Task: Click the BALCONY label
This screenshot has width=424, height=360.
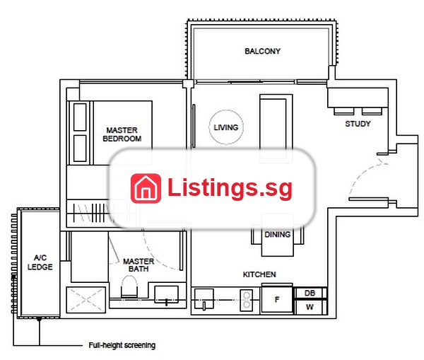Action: [262, 51]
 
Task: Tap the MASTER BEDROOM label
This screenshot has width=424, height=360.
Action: [122, 134]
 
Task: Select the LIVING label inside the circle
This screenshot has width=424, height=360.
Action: [226, 127]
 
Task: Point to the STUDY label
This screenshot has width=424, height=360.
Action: [358, 124]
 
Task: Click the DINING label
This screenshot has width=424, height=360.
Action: [278, 234]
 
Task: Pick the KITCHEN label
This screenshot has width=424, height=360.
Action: [259, 274]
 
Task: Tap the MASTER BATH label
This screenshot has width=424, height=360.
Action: [139, 265]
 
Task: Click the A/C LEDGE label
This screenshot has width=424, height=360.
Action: [40, 262]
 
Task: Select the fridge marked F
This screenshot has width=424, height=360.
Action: [277, 299]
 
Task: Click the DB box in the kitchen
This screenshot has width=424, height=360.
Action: [310, 293]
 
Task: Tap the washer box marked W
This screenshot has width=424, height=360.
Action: [310, 307]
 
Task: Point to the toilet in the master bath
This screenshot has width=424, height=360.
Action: [129, 286]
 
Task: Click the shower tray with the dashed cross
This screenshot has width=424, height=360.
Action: [86, 300]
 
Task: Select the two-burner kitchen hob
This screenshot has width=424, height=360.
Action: [247, 300]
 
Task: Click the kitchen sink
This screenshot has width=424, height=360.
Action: [204, 299]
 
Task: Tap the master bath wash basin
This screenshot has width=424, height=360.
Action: [166, 294]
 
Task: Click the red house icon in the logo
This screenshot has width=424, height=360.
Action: [146, 188]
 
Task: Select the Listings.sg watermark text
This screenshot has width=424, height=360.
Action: [230, 188]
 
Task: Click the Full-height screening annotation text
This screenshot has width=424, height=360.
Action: [122, 345]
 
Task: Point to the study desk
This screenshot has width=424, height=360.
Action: [358, 98]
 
